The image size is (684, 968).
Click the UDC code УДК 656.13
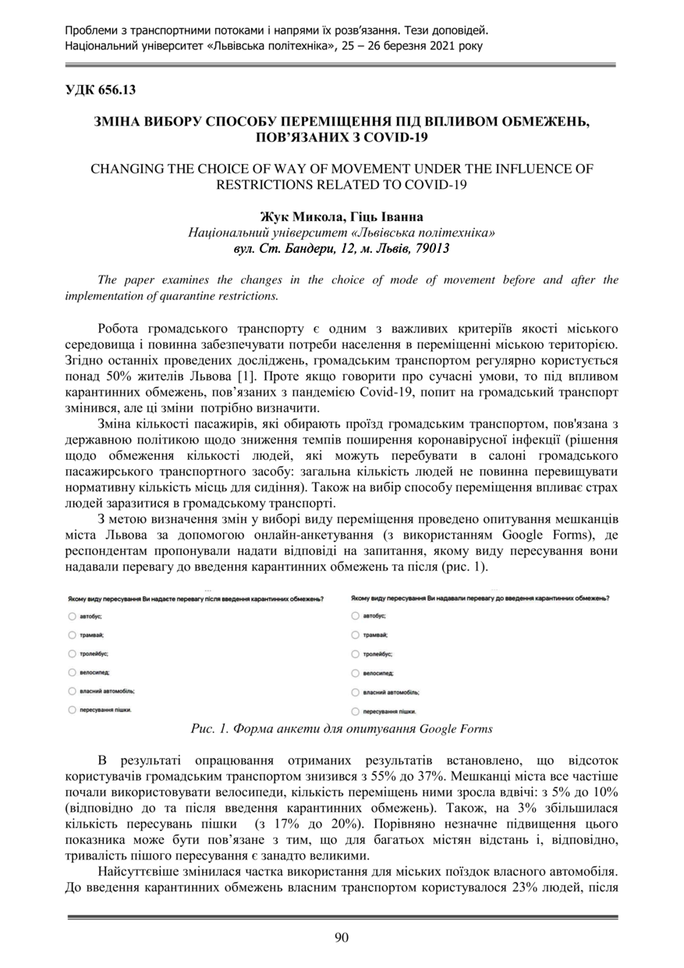pyautogui.click(x=100, y=90)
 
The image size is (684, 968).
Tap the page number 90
pyautogui.click(x=342, y=938)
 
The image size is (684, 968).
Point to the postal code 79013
pyautogui.click(x=432, y=248)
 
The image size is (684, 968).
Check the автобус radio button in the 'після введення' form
pyautogui.click(x=72, y=616)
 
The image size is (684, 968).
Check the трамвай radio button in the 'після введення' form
pyautogui.click(x=72, y=635)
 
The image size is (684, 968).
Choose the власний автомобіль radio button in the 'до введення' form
pyautogui.click(x=355, y=692)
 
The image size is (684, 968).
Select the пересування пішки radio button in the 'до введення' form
pyautogui.click(x=355, y=710)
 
